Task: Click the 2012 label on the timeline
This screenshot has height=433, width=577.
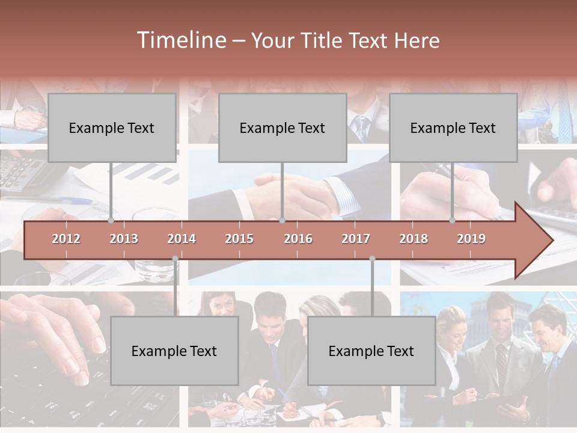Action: [x=66, y=239]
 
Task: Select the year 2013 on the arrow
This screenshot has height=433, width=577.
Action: [x=124, y=239]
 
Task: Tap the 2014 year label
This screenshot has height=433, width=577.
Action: [x=182, y=239]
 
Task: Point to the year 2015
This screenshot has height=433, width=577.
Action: [x=239, y=239]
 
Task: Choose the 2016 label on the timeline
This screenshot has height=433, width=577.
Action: [x=298, y=239]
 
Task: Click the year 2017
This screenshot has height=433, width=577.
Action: [x=356, y=239]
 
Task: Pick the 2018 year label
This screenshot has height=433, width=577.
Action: [x=414, y=239]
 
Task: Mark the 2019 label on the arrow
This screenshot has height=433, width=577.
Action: [x=471, y=239]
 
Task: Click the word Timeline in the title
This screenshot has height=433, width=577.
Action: [x=180, y=40]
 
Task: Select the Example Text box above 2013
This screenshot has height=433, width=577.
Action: [x=112, y=127]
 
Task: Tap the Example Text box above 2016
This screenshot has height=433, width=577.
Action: [x=282, y=127]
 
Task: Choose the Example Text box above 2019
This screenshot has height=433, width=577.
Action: [x=453, y=127]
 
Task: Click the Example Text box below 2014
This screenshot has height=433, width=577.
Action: [x=174, y=351]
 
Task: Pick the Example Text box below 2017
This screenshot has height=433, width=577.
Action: [x=371, y=351]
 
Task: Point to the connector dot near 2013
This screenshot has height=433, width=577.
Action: [x=111, y=221]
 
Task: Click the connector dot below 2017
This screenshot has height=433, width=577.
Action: [x=372, y=259]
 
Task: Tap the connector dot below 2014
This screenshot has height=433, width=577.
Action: [x=175, y=259]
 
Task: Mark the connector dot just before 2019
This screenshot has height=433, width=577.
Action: [x=453, y=221]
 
